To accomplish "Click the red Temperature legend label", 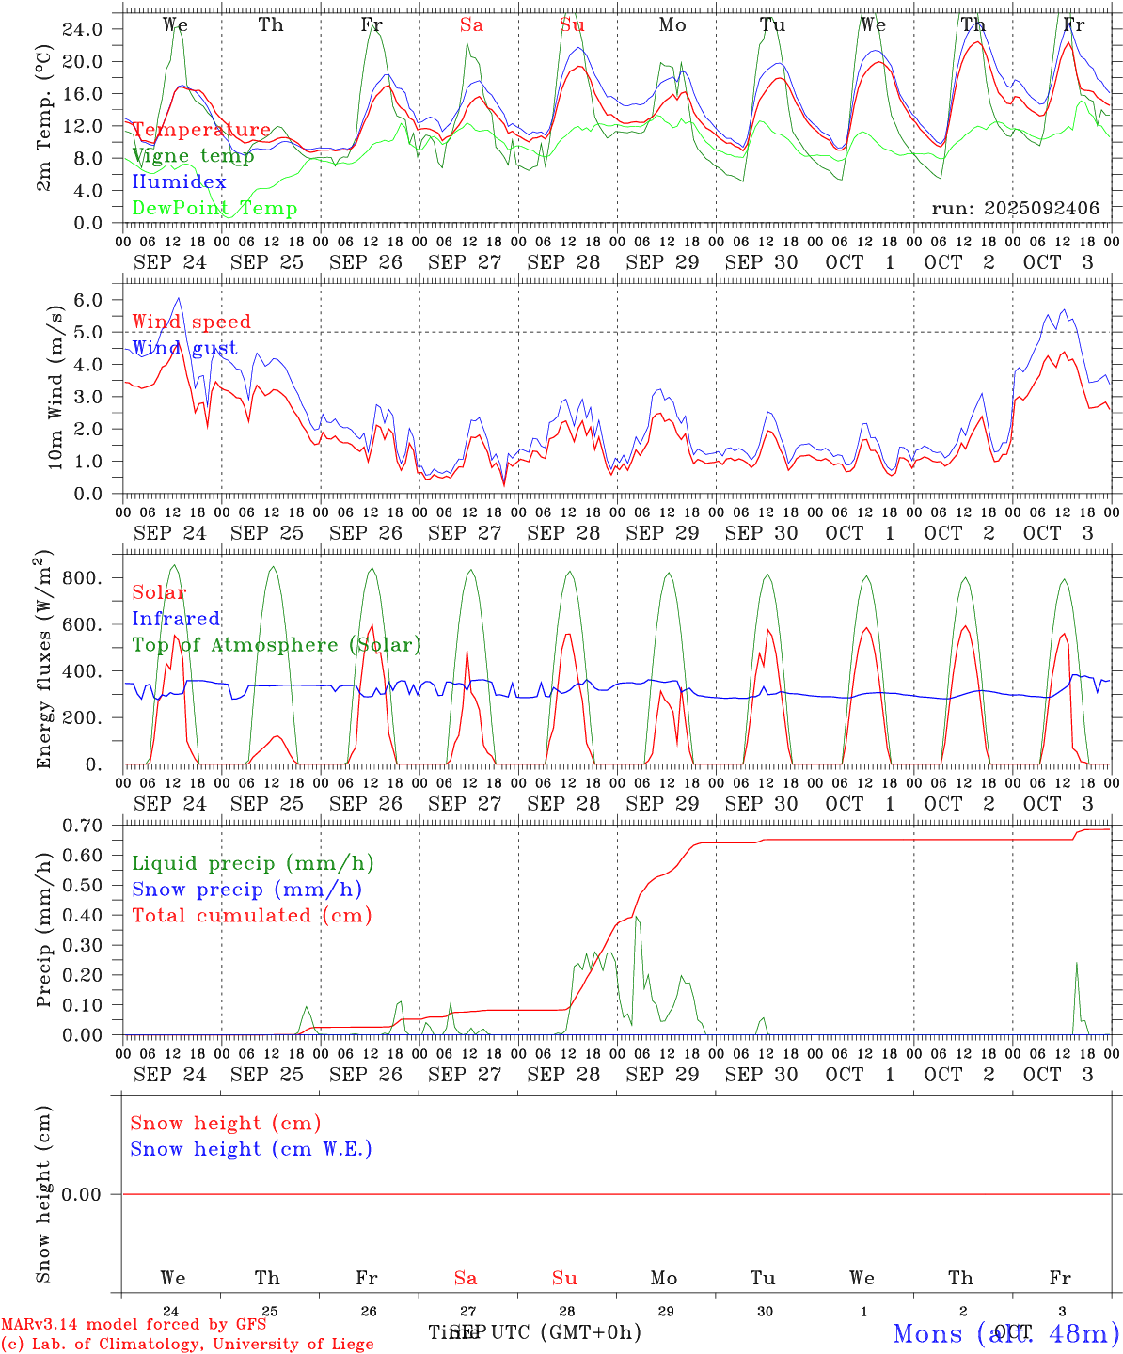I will [201, 130].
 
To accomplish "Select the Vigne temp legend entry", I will [193, 156].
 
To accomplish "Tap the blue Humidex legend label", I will [179, 182].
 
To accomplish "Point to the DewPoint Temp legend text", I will [214, 209].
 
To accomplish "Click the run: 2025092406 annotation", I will [1015, 209].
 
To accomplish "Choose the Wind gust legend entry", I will [184, 348].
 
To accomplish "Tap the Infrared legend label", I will [176, 619].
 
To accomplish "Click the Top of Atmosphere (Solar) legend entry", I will [276, 645].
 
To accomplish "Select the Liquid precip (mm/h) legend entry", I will [252, 863].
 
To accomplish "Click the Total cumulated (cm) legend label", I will [251, 916].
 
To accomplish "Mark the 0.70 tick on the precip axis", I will [82, 826].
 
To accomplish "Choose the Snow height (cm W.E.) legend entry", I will [250, 1149].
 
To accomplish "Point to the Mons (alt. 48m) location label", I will [1005, 1333].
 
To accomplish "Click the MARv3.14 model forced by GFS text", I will [134, 1324].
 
